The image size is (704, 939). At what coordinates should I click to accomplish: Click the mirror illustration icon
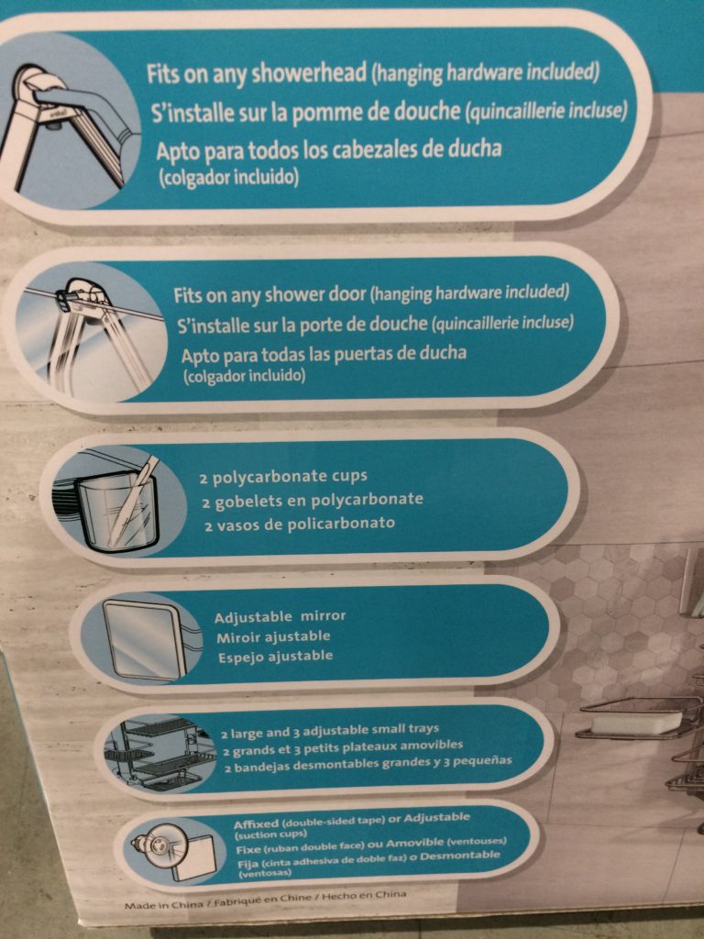(x=142, y=639)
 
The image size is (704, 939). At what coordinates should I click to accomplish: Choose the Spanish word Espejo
(x=238, y=657)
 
